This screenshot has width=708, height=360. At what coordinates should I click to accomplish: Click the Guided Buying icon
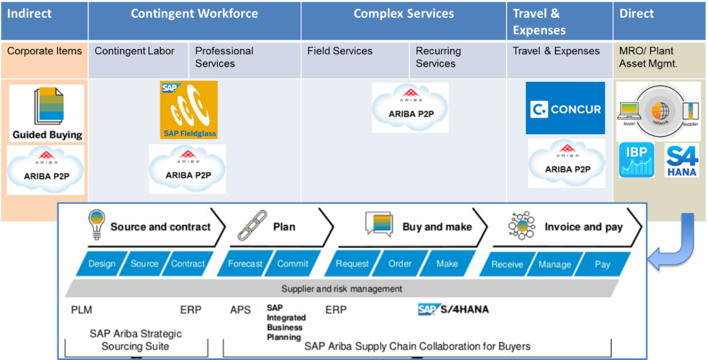[x=46, y=113]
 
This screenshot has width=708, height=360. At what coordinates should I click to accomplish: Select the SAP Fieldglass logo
[x=189, y=109]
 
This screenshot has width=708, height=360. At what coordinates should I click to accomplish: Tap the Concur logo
[x=565, y=108]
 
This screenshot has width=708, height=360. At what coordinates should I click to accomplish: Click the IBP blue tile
[x=637, y=160]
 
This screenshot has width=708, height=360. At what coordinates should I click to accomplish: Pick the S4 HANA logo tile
[x=681, y=160]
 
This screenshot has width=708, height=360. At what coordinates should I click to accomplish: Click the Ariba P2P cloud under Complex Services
[x=410, y=108]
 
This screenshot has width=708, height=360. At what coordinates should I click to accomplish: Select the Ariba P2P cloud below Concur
[x=566, y=163]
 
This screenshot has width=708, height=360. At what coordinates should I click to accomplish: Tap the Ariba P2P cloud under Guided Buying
[x=45, y=170]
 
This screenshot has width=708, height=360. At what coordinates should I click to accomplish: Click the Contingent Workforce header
[x=194, y=14]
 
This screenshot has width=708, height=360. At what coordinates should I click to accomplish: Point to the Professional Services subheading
[x=224, y=57]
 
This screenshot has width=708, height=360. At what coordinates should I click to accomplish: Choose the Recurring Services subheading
[x=438, y=57]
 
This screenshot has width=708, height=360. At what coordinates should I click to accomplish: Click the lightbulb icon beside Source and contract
[x=96, y=225]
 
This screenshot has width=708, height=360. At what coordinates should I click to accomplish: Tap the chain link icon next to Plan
[x=252, y=225]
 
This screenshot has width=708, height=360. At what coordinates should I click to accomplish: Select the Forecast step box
[x=245, y=264]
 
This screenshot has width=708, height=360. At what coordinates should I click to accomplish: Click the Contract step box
[x=188, y=264]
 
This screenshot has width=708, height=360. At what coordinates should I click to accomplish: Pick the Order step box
[x=399, y=264]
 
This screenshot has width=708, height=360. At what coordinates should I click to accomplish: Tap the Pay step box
[x=602, y=264]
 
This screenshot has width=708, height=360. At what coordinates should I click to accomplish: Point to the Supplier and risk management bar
[x=341, y=289]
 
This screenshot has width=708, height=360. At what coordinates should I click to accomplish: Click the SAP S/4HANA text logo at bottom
[x=453, y=309]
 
